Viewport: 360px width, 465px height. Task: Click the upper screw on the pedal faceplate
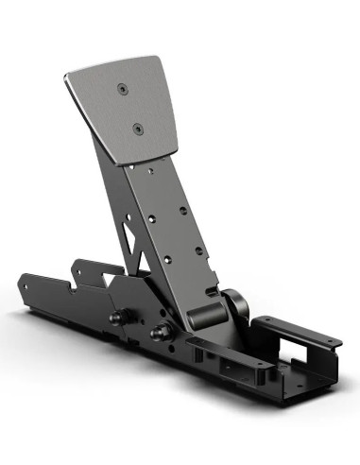[122, 89]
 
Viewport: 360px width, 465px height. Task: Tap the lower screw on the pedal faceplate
[138, 128]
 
